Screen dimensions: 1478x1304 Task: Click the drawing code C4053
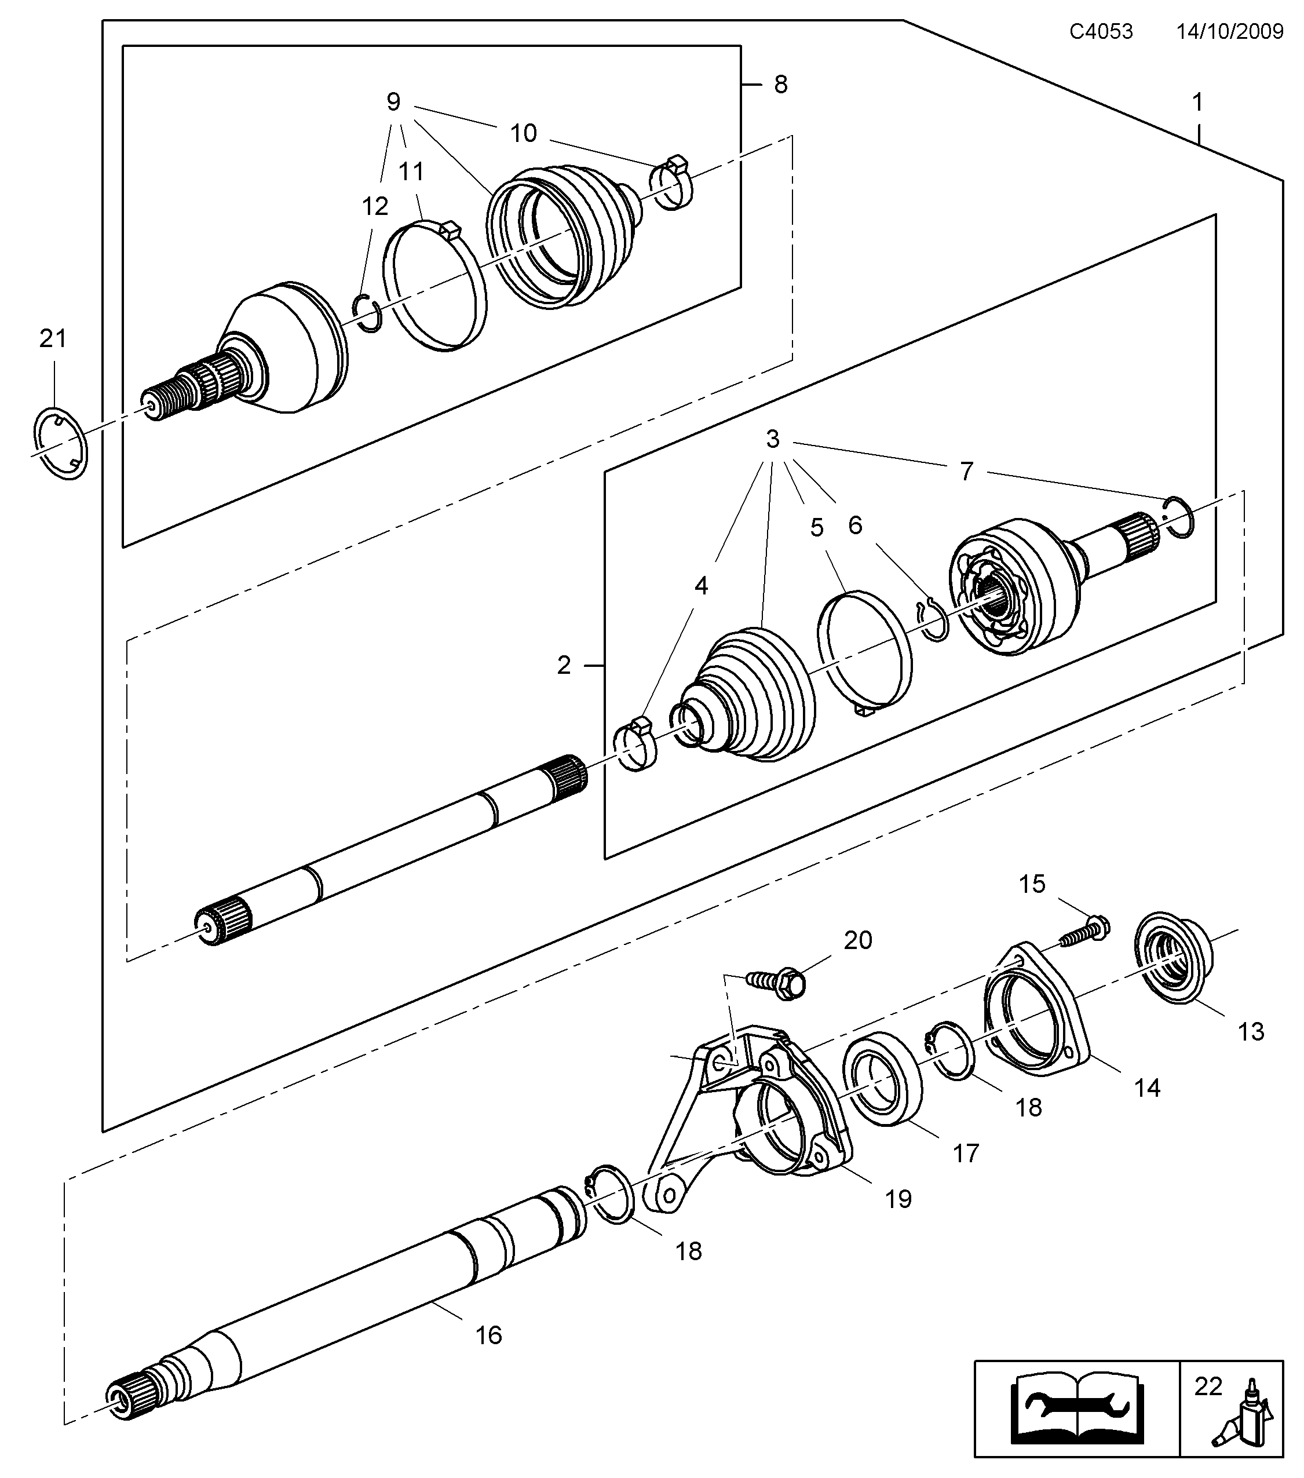(1101, 32)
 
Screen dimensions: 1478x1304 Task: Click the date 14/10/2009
(1229, 32)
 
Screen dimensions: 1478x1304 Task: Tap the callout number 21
(53, 338)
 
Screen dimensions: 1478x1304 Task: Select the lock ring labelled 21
(61, 443)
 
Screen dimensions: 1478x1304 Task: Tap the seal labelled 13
(1172, 962)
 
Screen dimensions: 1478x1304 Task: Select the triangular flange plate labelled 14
(1035, 1017)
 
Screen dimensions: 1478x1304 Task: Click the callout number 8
(781, 85)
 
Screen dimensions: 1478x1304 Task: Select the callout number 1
(1198, 103)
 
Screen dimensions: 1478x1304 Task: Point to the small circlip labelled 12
(368, 312)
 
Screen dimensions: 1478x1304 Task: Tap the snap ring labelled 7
(1179, 518)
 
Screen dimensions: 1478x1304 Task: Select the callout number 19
(898, 1200)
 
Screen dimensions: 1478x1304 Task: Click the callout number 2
(565, 665)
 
